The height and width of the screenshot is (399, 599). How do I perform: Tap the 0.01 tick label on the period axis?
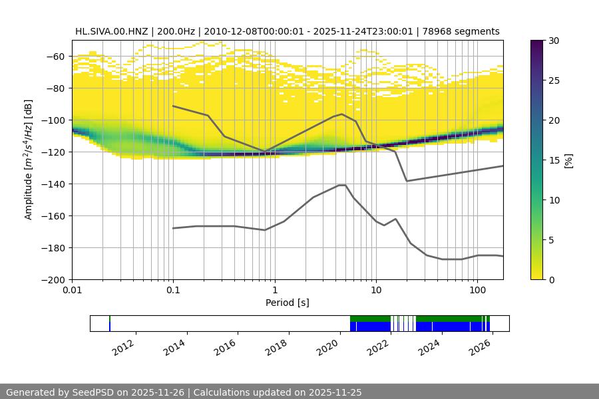[x=72, y=290]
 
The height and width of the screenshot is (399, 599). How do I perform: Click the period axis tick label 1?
[x=274, y=290]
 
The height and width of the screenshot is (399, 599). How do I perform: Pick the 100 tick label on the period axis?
[x=477, y=290]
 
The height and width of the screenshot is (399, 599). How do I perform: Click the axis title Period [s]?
[x=288, y=303]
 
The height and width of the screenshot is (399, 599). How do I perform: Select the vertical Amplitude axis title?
[x=29, y=160]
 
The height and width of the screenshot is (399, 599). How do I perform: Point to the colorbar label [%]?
[x=568, y=160]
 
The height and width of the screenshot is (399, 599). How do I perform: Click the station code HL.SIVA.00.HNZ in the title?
[x=112, y=31]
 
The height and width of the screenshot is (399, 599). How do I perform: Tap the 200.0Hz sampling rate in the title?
[x=177, y=31]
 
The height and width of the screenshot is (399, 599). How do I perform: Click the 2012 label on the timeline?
[x=124, y=346]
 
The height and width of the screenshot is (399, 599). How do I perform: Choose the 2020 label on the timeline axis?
[x=328, y=346]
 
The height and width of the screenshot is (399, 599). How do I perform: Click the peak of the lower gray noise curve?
[x=342, y=185]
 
